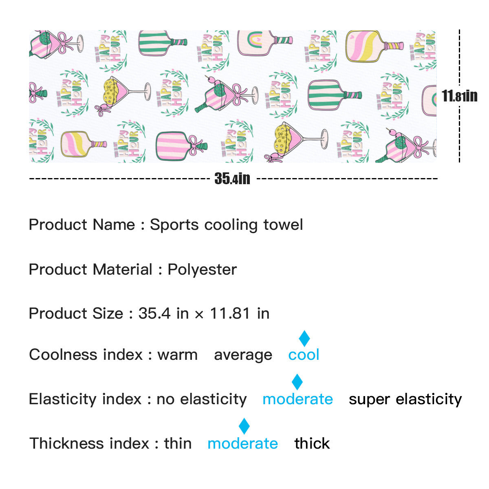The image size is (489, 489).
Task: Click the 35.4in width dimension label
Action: pyautogui.click(x=232, y=178)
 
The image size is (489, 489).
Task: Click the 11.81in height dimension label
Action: pyautogui.click(x=459, y=96)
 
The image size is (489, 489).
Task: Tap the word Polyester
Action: pyautogui.click(x=202, y=269)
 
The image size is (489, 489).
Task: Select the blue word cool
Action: pyautogui.click(x=304, y=355)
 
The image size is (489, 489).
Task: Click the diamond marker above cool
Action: pyautogui.click(x=304, y=339)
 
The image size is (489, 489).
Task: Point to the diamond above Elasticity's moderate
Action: pyautogui.click(x=297, y=382)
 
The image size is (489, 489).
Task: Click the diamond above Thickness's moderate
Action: pyautogui.click(x=244, y=426)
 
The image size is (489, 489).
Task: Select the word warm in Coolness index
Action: pyautogui.click(x=178, y=355)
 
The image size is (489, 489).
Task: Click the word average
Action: pyautogui.click(x=243, y=355)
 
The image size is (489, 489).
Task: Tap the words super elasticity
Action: pyautogui.click(x=405, y=399)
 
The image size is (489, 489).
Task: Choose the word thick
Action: pyautogui.click(x=312, y=443)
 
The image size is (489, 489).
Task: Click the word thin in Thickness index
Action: pyautogui.click(x=178, y=443)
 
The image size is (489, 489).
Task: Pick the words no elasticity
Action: pyautogui.click(x=202, y=399)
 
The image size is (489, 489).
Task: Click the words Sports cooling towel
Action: pyautogui.click(x=227, y=225)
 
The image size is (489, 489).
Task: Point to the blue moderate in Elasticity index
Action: pyautogui.click(x=297, y=399)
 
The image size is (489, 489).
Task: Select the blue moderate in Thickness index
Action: pyautogui.click(x=243, y=443)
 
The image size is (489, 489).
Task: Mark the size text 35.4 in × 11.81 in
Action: pyautogui.click(x=204, y=313)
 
